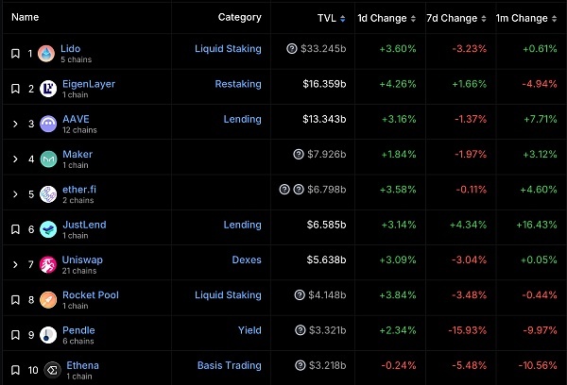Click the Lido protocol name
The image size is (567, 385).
click(x=71, y=48)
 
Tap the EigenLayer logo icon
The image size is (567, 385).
click(x=48, y=89)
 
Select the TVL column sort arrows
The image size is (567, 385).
click(x=342, y=19)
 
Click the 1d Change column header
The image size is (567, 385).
click(x=382, y=18)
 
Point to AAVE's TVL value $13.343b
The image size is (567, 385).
click(x=324, y=119)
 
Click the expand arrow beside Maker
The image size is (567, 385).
click(x=15, y=159)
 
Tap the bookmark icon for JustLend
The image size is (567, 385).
click(x=15, y=229)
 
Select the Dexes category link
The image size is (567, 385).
click(x=247, y=259)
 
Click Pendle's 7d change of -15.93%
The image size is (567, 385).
click(x=468, y=330)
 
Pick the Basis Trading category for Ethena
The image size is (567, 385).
click(x=230, y=365)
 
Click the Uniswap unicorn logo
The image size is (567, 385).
click(x=48, y=265)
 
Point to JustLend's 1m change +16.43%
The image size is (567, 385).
click(x=537, y=225)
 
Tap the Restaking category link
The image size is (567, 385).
click(x=238, y=84)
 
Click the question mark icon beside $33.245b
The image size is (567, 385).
click(x=292, y=48)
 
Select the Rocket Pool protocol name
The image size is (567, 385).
click(x=91, y=294)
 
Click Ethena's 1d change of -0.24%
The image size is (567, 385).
click(x=399, y=365)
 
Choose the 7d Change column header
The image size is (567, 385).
click(x=452, y=18)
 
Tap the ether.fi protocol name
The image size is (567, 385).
click(x=79, y=190)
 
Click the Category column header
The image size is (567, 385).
click(x=239, y=17)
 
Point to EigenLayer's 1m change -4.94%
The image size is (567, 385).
click(x=540, y=84)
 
